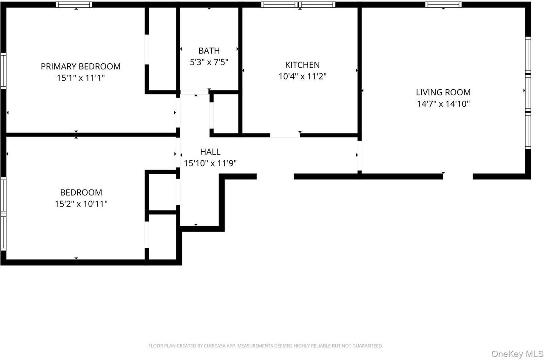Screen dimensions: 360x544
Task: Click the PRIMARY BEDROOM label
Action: [x=80, y=66]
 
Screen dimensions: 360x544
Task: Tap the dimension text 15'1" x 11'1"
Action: [x=80, y=78]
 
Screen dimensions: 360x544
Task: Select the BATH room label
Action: [x=209, y=51]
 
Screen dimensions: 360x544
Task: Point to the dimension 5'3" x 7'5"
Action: [x=209, y=62]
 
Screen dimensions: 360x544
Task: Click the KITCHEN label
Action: [x=302, y=65]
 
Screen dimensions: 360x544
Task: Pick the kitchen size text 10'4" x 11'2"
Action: [x=302, y=77]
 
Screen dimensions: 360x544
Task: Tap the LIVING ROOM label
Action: [x=443, y=92]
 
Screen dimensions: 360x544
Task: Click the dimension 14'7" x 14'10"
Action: [x=443, y=104]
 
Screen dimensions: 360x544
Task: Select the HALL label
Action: [x=210, y=152]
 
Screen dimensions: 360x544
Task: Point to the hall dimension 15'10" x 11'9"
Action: [x=210, y=163]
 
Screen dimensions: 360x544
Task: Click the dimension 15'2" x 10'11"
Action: [x=81, y=204]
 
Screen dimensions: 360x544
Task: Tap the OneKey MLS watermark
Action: [x=517, y=354]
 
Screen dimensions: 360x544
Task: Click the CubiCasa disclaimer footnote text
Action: [x=266, y=346]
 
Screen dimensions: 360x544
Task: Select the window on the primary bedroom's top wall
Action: [x=74, y=5]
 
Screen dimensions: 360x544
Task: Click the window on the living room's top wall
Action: [x=443, y=5]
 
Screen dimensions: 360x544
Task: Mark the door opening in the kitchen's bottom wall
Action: [x=285, y=135]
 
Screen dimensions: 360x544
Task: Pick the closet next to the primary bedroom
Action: [x=161, y=49]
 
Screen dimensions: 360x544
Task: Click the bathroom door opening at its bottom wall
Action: [x=194, y=92]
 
